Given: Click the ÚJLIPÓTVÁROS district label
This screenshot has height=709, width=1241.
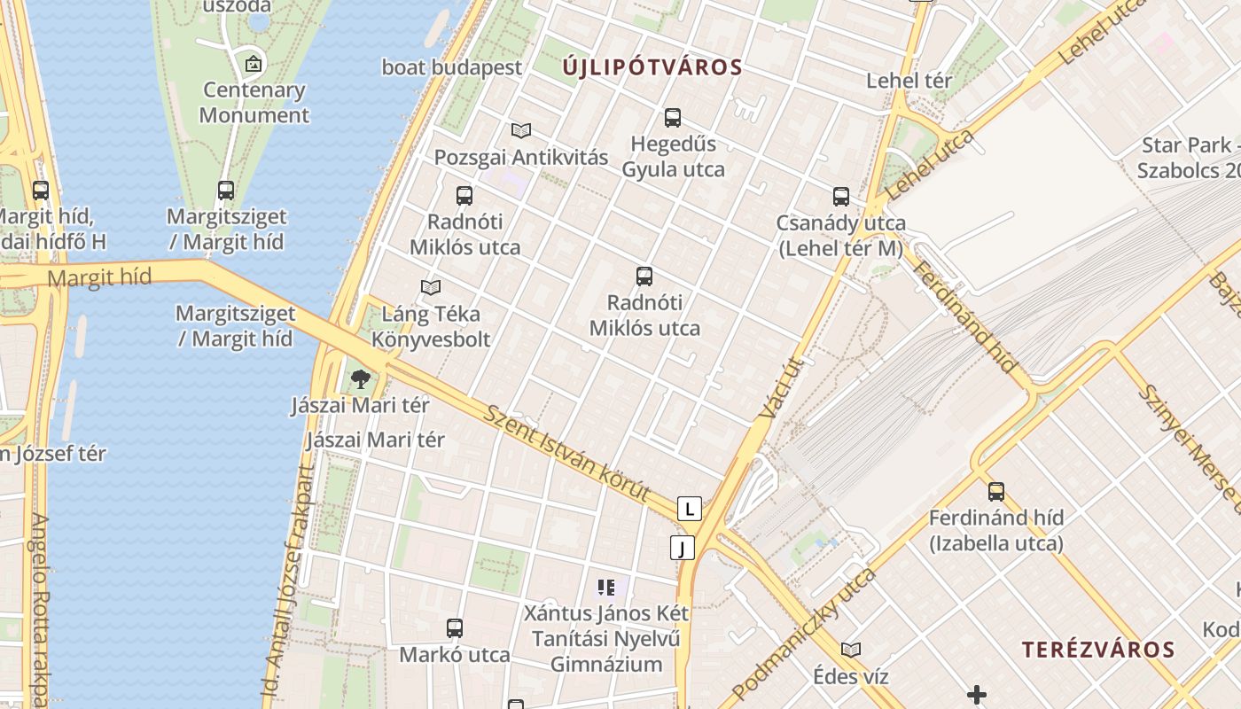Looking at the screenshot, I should point(652,67).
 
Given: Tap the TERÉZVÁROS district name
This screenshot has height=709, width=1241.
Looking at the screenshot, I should point(1098,650).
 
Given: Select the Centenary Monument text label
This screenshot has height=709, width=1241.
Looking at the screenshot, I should point(254,102).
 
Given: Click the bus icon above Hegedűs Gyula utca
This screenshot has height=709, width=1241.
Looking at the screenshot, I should point(673,117).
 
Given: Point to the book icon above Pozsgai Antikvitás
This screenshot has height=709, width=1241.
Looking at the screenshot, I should point(521,131).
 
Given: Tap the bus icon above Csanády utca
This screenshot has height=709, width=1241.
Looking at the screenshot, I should point(841,197).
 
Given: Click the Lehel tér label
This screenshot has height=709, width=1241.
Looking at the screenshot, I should point(909,81).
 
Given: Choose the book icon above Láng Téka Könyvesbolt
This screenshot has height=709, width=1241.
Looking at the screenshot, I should point(431,287).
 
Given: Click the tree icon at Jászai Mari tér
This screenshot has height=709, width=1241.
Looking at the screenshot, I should point(360,380).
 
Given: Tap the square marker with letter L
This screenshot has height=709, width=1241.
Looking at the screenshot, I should point(689,509).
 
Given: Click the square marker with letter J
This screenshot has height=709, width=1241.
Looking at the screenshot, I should point(682,548).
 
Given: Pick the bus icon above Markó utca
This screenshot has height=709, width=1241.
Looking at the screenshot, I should point(455,628).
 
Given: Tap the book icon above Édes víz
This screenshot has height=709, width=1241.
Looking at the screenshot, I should point(851,650).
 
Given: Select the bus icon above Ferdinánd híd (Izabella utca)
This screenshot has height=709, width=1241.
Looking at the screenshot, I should point(996,492).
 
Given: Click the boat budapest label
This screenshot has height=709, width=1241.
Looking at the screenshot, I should point(452,67).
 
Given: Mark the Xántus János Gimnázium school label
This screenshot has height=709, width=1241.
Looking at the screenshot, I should point(606,638).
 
